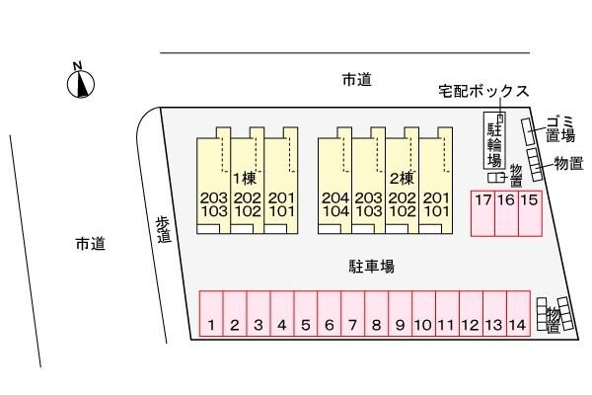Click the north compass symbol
(x=80, y=82)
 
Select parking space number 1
(x=211, y=324)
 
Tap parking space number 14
(x=517, y=324)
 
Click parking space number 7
(x=352, y=324)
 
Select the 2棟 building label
(x=401, y=179)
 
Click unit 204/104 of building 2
(x=334, y=203)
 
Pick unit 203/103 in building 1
(x=213, y=203)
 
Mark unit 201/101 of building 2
(x=435, y=203)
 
